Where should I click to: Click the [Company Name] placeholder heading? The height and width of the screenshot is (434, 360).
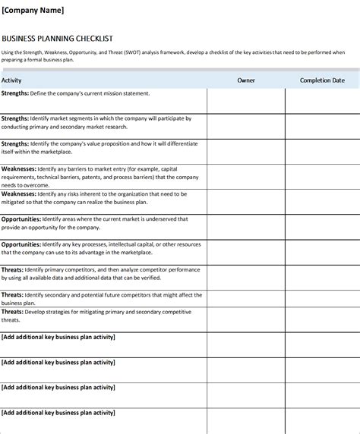33,10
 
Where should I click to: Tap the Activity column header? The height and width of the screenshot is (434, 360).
11,80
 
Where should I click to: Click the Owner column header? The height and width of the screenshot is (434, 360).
246,80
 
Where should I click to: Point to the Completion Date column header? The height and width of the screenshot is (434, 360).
322,80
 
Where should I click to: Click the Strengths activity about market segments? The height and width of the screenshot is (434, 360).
96,123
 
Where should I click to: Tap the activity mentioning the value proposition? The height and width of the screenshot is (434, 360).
99,146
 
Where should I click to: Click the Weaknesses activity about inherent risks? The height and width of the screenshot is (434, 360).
95,198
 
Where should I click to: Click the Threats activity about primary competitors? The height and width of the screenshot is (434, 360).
99,273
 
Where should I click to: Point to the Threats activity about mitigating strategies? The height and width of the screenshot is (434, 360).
95,316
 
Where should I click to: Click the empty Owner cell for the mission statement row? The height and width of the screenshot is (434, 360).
246,100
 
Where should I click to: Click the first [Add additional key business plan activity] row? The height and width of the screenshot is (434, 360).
58,337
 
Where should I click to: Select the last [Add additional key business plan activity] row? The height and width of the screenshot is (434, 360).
58,412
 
